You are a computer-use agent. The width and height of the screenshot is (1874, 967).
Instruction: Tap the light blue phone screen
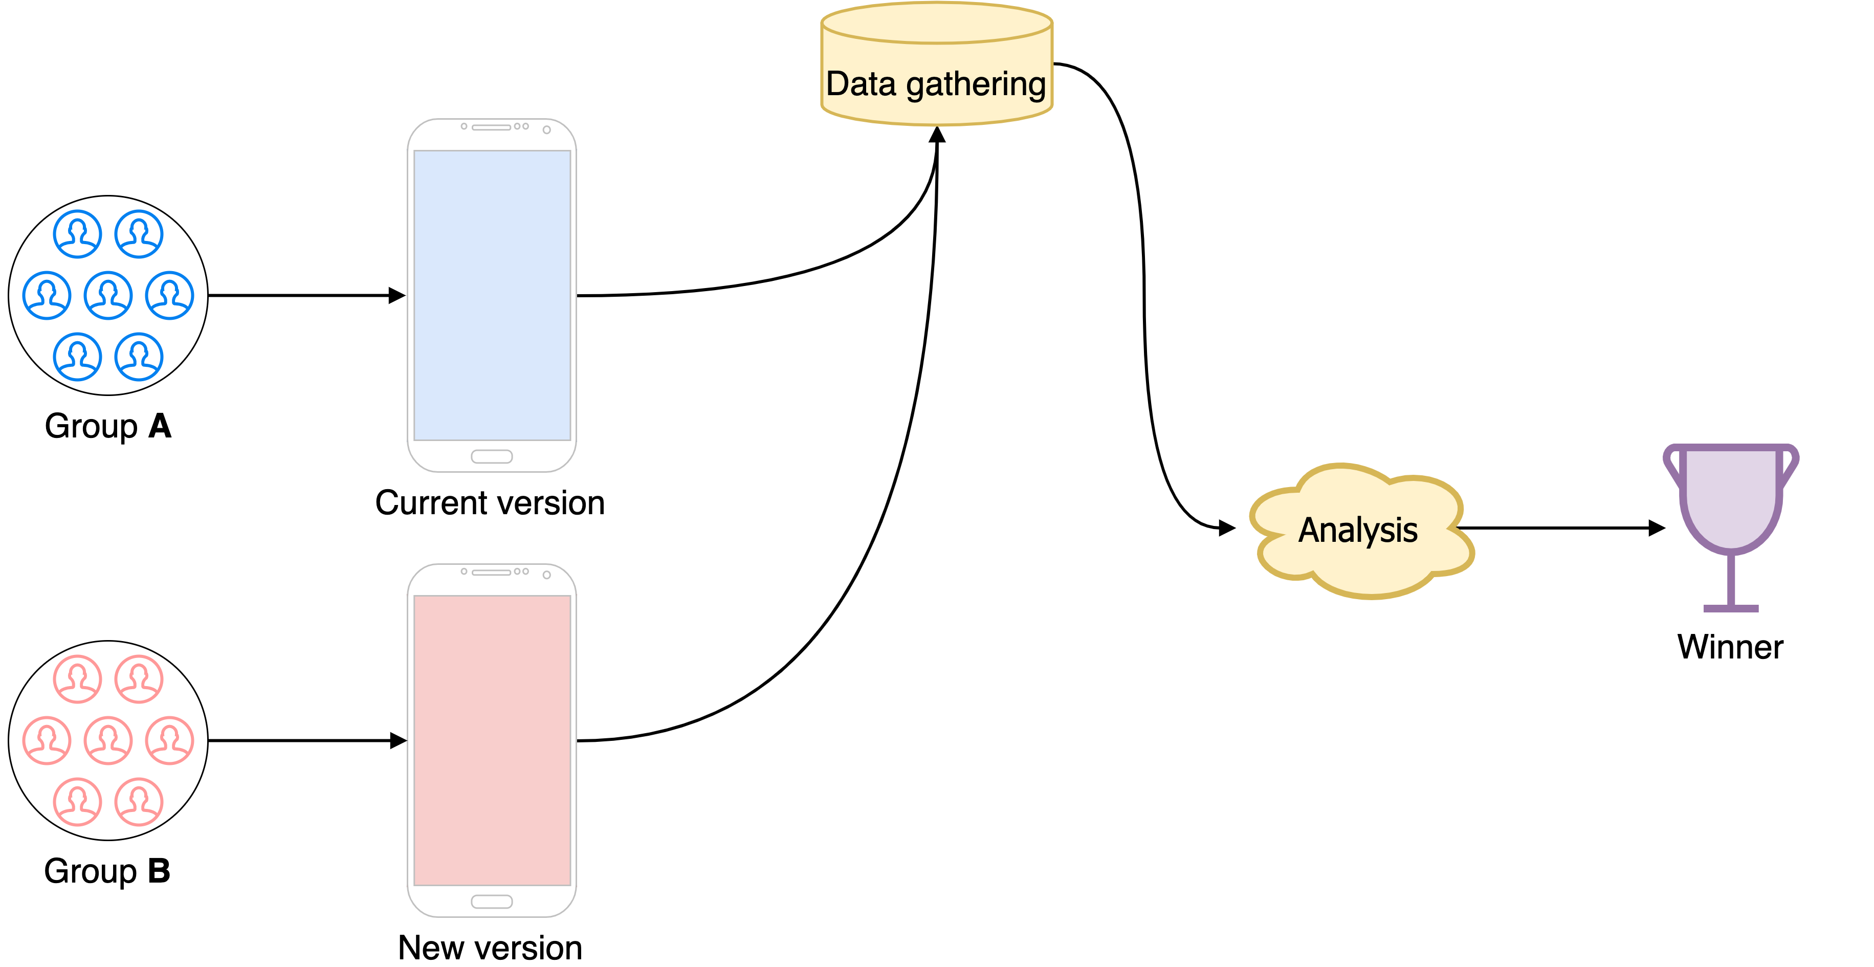point(492,295)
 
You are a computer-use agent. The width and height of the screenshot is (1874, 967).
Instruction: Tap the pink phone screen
point(492,740)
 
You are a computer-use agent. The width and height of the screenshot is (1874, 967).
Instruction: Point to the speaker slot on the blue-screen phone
point(491,127)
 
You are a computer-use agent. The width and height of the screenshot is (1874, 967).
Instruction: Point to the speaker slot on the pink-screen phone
point(491,573)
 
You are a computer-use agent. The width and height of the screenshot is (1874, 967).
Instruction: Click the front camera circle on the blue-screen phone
point(546,129)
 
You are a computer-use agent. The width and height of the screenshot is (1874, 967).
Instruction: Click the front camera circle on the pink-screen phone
point(546,575)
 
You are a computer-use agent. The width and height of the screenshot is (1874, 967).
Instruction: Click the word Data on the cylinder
point(861,84)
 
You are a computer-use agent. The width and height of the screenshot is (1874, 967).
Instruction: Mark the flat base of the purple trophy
point(1731,608)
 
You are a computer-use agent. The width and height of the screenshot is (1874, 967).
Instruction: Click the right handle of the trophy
point(1790,466)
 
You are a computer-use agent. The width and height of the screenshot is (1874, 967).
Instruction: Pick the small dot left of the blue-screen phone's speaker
point(464,126)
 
